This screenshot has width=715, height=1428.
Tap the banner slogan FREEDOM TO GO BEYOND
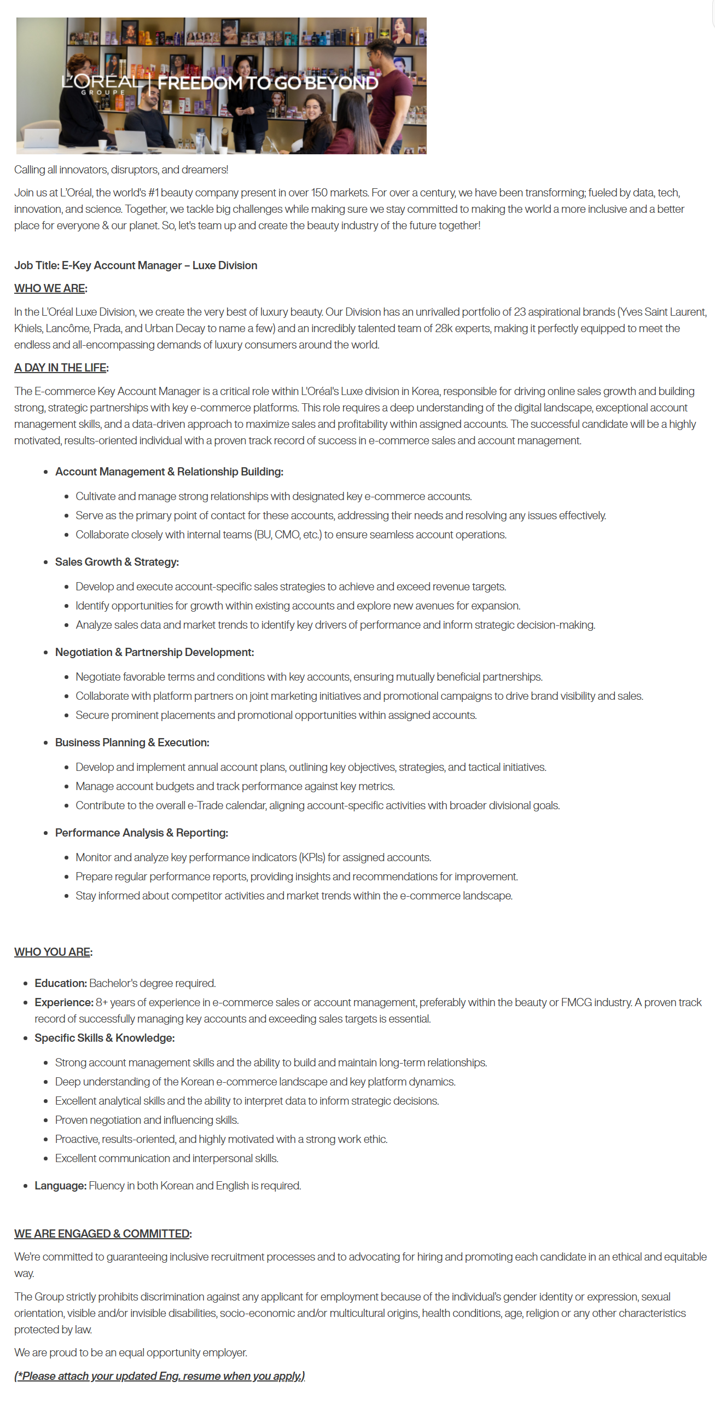268,83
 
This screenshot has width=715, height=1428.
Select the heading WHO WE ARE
50,288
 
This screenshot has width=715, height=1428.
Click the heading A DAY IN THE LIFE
60,368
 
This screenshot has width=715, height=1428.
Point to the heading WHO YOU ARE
52,952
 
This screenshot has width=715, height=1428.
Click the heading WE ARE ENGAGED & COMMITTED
102,1233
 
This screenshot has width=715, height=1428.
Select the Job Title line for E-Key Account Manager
135,265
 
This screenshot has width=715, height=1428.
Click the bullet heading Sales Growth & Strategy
117,561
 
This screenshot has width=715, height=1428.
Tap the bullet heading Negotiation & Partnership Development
154,652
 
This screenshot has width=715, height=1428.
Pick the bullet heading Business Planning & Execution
132,742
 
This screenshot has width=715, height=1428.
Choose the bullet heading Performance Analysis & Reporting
141,833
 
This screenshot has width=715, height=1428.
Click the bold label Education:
60,983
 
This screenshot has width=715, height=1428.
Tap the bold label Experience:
64,1002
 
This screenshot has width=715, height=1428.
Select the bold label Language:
60,1186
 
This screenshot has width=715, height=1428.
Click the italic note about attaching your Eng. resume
160,1376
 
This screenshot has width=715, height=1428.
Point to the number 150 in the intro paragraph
319,193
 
